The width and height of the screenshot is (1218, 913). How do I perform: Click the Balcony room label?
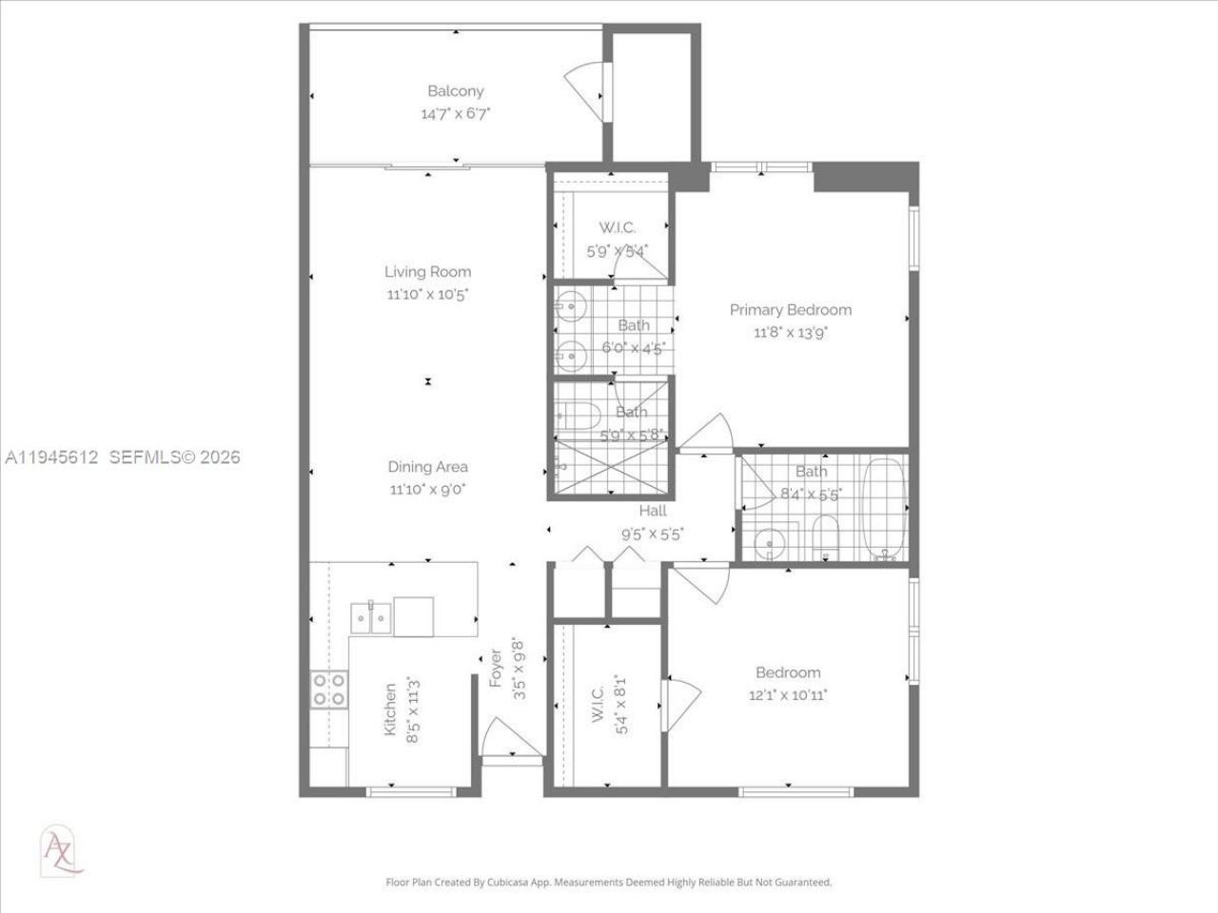pyautogui.click(x=455, y=91)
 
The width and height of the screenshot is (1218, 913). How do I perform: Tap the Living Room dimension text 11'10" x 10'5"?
pyautogui.click(x=427, y=295)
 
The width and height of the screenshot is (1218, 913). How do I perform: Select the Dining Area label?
pyautogui.click(x=427, y=467)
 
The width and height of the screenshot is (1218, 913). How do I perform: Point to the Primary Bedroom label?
pyautogui.click(x=790, y=310)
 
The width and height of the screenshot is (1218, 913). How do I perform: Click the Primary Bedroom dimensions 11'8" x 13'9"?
pyautogui.click(x=790, y=333)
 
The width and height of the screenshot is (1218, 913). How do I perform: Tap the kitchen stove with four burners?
pyautogui.click(x=328, y=690)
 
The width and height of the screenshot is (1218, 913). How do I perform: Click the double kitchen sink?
pyautogui.click(x=370, y=617)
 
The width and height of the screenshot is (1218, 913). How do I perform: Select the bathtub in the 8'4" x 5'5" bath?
pyautogui.click(x=884, y=509)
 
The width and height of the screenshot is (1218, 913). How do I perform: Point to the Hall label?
pyautogui.click(x=653, y=512)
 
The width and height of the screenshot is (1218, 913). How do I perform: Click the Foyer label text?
pyautogui.click(x=496, y=668)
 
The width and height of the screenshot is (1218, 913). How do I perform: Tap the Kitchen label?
pyautogui.click(x=390, y=709)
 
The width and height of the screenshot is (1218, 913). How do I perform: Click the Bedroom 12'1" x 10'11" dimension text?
pyautogui.click(x=788, y=695)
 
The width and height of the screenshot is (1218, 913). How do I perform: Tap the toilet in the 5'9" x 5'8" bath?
pyautogui.click(x=577, y=416)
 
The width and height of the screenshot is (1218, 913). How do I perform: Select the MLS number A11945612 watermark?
pyautogui.click(x=52, y=457)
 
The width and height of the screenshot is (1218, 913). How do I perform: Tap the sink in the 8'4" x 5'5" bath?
pyautogui.click(x=767, y=544)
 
